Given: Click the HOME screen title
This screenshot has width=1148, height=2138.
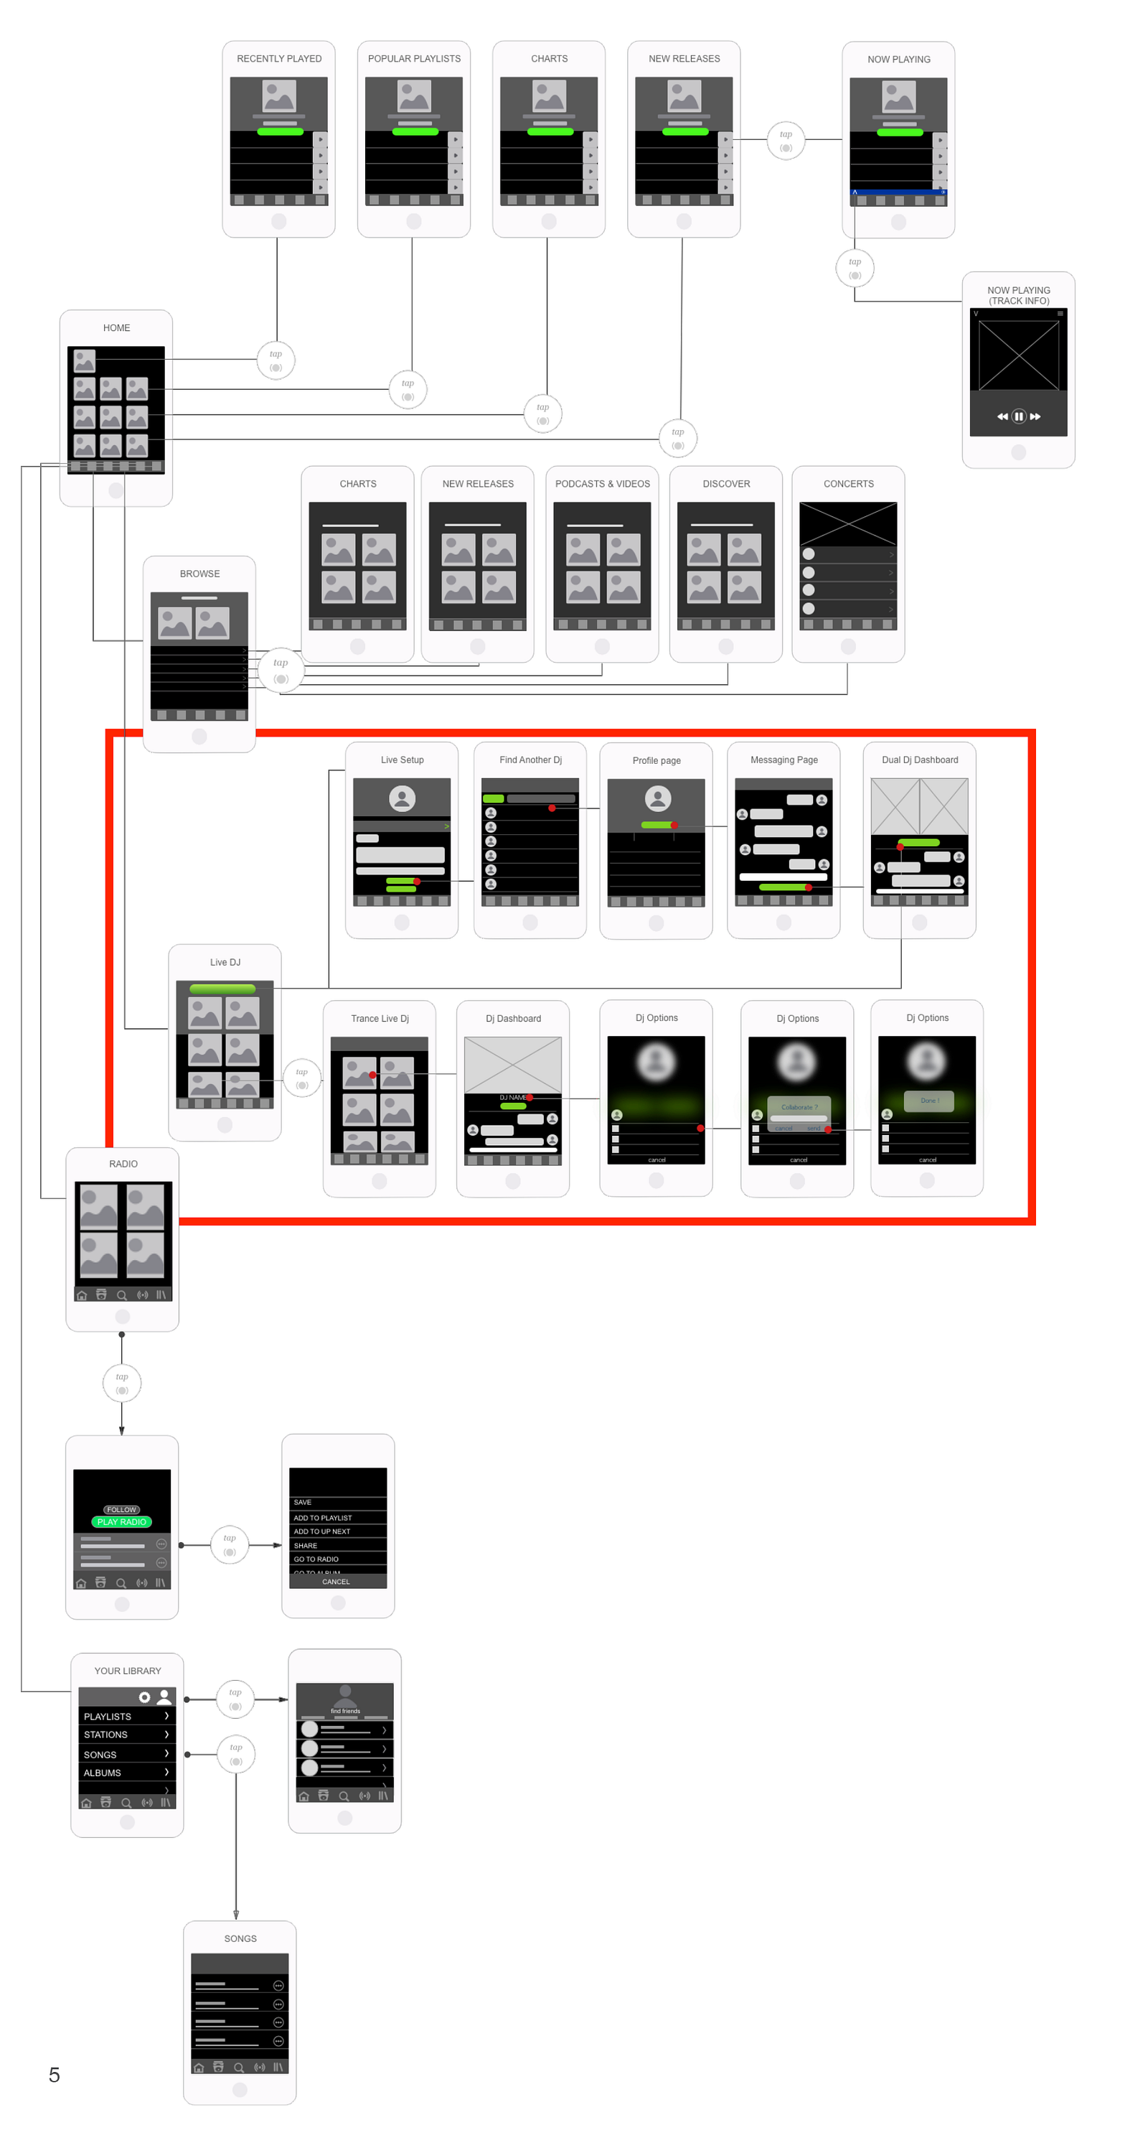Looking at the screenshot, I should (x=116, y=328).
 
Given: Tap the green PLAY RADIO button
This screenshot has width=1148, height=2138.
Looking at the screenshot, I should (x=121, y=1521).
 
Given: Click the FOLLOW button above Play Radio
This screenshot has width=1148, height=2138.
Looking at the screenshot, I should (x=121, y=1509).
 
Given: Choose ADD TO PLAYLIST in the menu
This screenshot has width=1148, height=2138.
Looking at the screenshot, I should (x=323, y=1517).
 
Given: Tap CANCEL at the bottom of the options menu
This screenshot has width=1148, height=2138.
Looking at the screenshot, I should (x=336, y=1581).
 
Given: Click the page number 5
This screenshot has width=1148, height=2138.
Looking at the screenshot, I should (x=54, y=2074).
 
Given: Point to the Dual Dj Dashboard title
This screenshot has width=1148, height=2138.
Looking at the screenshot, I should (x=919, y=760).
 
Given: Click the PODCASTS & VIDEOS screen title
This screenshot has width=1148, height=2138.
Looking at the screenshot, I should (x=602, y=484).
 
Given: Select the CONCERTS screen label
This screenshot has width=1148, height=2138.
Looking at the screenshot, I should (x=848, y=484).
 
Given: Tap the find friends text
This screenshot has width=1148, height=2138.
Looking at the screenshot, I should (x=345, y=1711).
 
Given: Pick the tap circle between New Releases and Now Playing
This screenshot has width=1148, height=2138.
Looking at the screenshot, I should (x=785, y=139).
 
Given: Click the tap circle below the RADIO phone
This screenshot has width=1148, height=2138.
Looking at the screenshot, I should (x=122, y=1383).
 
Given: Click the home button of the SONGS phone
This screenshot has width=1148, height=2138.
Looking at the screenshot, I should (x=240, y=2089).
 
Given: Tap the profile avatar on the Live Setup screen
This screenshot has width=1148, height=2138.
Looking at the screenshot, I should (x=402, y=798).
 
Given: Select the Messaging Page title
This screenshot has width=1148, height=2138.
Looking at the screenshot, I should (x=783, y=760).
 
